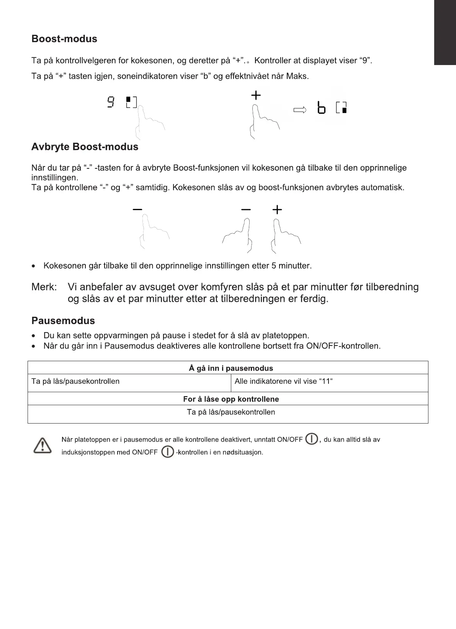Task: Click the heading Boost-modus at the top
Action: pyautogui.click(x=64, y=39)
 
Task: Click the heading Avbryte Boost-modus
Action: pyautogui.click(x=85, y=147)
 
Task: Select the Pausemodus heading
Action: pyautogui.click(x=63, y=321)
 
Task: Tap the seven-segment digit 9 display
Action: pyautogui.click(x=111, y=102)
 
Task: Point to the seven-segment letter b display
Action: pyautogui.click(x=322, y=108)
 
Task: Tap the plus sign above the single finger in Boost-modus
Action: pyautogui.click(x=256, y=95)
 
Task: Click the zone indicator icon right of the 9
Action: pyautogui.click(x=131, y=103)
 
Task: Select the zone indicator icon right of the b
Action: pyautogui.click(x=342, y=108)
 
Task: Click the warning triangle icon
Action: pyautogui.click(x=42, y=446)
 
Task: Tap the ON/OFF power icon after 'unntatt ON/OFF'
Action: pyautogui.click(x=312, y=439)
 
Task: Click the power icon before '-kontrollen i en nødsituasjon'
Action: pyautogui.click(x=168, y=452)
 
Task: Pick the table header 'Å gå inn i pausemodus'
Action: pyautogui.click(x=231, y=368)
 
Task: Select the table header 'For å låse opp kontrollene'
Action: pyautogui.click(x=231, y=399)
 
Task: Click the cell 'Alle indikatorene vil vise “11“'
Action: pyautogui.click(x=284, y=381)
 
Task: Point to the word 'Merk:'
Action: pyautogui.click(x=44, y=287)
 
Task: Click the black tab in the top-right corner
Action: pyautogui.click(x=445, y=33)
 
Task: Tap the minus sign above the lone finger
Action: pyautogui.click(x=137, y=209)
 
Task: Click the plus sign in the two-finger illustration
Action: pyautogui.click(x=277, y=210)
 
